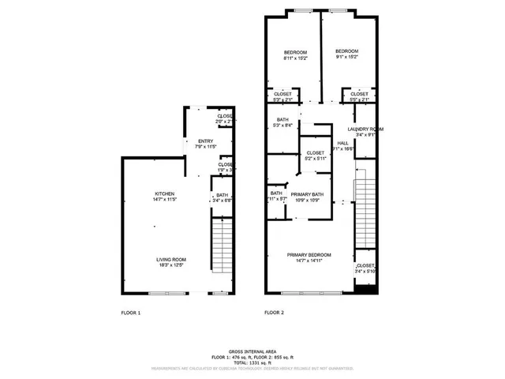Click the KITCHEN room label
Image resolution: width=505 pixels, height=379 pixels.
coord(165,193)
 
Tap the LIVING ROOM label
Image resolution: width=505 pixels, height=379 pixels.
coord(171,260)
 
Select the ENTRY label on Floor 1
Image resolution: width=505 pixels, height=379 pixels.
coord(205,141)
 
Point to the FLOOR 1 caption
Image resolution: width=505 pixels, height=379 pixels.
coord(130,313)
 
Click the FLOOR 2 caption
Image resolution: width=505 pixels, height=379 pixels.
coord(274,313)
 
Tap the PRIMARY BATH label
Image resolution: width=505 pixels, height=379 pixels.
coord(307,194)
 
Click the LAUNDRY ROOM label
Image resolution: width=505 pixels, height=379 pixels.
coord(365,129)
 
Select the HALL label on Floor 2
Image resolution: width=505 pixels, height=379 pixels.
coord(342,143)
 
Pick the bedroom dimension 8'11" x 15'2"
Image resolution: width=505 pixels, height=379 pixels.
coord(296,58)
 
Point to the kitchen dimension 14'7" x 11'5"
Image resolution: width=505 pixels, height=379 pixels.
coord(165,199)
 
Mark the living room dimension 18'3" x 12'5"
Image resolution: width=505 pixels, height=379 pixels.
coord(171,265)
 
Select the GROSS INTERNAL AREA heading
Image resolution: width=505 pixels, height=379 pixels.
coord(252,351)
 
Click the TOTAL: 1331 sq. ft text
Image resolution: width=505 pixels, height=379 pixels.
coord(252,362)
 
